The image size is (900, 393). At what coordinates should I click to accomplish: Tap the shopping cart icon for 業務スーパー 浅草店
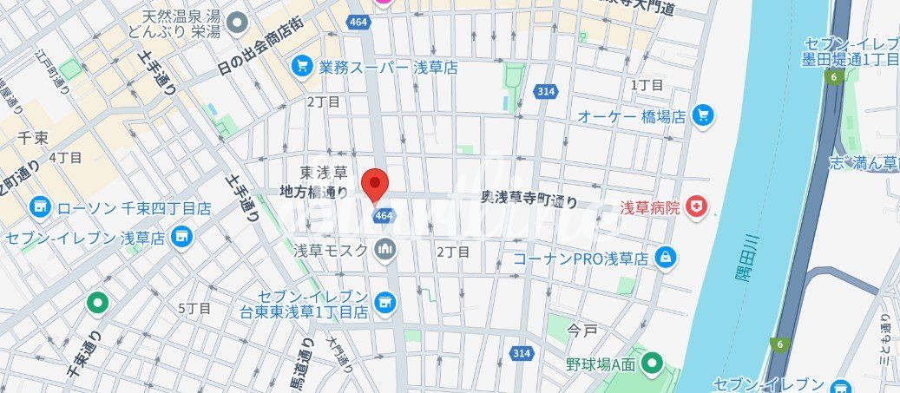pos(302,66)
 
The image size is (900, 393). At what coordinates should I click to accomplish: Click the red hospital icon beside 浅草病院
pos(695,206)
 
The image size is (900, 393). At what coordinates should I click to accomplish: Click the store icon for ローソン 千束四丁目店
pos(39,207)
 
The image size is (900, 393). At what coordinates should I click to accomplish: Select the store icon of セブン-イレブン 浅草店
pos(181,236)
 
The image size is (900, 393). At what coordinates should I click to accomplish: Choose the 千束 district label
pos(31,136)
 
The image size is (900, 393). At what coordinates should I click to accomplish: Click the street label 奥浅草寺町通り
pos(529,200)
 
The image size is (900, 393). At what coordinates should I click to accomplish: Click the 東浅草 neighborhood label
pos(324,172)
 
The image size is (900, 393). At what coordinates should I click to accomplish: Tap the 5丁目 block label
pos(194,308)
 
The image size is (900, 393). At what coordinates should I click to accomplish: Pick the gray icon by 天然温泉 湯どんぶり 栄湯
pos(239,21)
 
